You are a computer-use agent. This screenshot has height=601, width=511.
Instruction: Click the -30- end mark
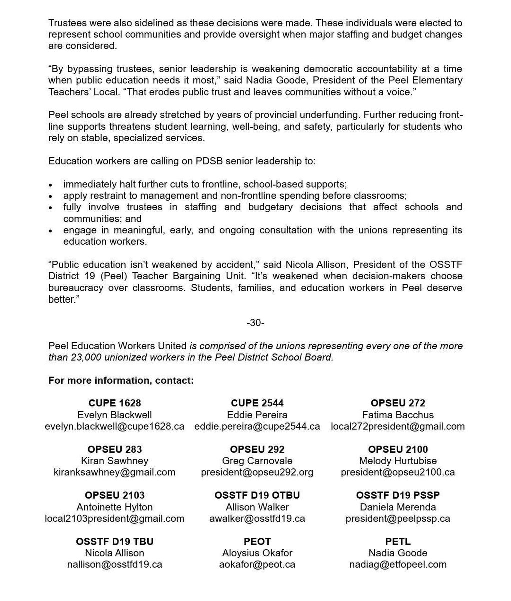pos(255,323)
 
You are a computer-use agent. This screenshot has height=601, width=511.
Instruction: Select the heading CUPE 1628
pos(115,403)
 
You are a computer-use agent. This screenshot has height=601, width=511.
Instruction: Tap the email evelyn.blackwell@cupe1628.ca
pos(115,427)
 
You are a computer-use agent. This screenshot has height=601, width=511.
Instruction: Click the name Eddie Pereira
pos(257,415)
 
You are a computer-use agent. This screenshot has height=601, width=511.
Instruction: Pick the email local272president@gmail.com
pos(398,427)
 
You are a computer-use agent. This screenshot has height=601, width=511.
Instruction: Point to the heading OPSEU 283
pos(115,449)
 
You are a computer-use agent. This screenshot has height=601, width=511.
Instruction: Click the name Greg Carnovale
pos(257,461)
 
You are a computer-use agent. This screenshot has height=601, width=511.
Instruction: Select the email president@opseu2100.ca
pos(398,473)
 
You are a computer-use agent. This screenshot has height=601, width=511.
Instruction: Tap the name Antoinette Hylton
pos(115,507)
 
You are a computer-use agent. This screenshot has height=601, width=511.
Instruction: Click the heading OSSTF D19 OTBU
pos(257,495)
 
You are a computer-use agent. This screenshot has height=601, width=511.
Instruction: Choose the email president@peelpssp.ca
pos(398,519)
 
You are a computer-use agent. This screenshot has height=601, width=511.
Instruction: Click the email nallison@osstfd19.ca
pos(115,565)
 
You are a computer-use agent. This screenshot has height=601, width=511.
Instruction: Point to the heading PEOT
pos(257,542)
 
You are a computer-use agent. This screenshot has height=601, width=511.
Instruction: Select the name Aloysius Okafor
pos(257,553)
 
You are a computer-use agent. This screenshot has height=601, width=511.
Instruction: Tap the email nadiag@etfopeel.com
pos(398,565)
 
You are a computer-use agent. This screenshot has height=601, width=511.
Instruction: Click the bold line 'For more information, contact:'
pos(121,380)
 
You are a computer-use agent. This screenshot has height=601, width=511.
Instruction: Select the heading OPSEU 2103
pos(115,495)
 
